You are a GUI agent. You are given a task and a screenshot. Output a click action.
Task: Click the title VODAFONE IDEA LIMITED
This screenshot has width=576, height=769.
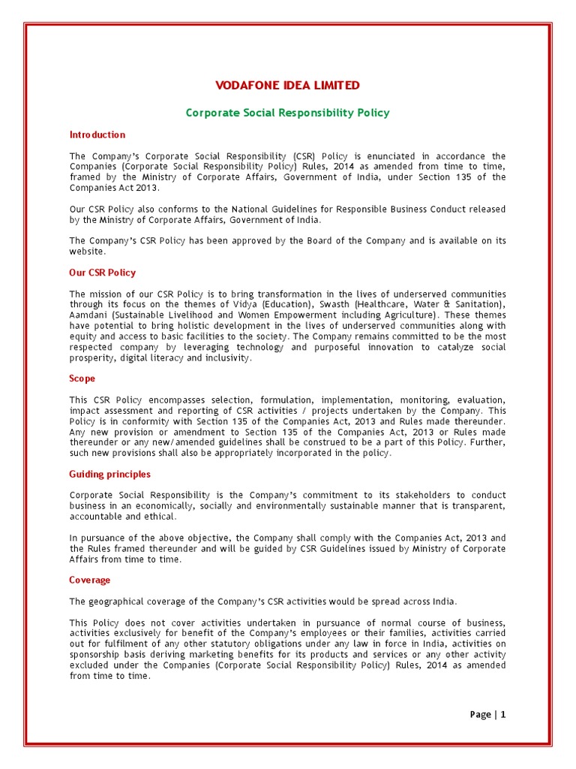pyautogui.click(x=287, y=86)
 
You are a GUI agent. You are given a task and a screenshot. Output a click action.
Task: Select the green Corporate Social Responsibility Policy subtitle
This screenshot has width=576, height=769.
pyautogui.click(x=287, y=113)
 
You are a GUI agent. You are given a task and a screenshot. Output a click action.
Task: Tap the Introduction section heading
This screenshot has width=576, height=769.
pyautogui.click(x=97, y=134)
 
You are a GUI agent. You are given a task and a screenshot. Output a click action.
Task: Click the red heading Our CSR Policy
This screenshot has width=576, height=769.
pyautogui.click(x=103, y=273)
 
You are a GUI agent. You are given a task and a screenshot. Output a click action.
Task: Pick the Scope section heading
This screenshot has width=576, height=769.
pyautogui.click(x=82, y=379)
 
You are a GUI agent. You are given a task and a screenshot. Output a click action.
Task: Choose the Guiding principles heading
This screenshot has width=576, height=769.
pyautogui.click(x=109, y=474)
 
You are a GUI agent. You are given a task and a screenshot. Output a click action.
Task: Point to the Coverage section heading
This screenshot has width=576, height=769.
pyautogui.click(x=90, y=580)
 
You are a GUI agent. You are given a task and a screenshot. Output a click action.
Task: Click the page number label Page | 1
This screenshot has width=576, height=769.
pyautogui.click(x=487, y=714)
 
